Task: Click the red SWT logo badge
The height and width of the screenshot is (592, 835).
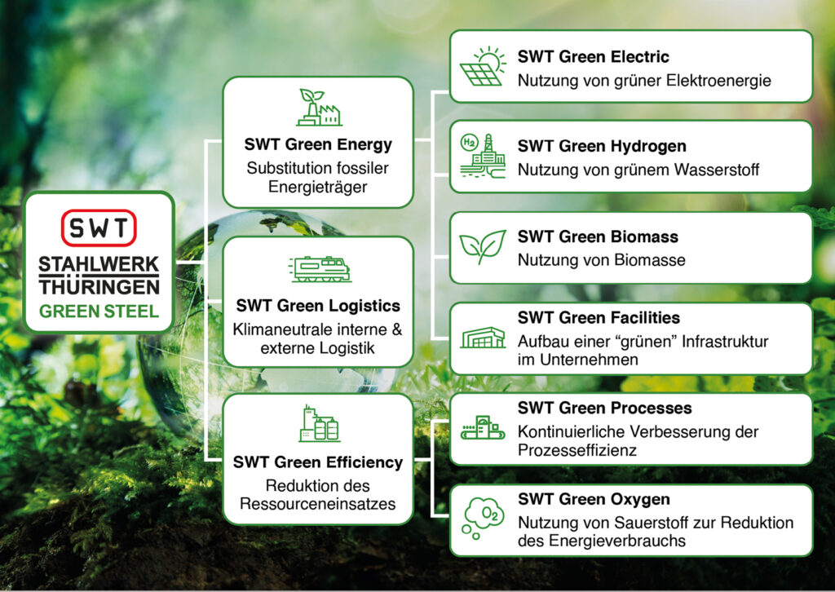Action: point(99,228)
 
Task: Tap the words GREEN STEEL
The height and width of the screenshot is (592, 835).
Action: point(99,311)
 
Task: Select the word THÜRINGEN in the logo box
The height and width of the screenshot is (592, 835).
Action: point(99,287)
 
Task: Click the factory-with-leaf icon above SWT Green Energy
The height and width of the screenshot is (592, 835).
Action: point(319,107)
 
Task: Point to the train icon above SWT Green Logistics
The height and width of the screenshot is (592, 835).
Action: point(320,269)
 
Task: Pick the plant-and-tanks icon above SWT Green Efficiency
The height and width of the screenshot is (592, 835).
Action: point(319,423)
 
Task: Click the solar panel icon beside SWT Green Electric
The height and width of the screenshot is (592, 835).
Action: point(482,67)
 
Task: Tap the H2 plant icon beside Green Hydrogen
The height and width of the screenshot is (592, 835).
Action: point(483,155)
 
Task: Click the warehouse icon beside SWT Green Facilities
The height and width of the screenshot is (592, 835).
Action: point(483,338)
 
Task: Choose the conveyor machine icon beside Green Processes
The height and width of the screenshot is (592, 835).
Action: point(483,427)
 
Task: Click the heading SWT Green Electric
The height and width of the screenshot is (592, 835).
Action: point(594,56)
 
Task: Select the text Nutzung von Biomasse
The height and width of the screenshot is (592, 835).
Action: point(601,260)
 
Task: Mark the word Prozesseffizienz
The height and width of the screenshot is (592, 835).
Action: point(577,450)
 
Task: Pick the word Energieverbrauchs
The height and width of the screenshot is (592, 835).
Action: point(610,541)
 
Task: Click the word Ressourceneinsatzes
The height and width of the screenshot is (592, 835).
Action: point(318,504)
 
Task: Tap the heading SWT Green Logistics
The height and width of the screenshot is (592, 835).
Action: point(318,306)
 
